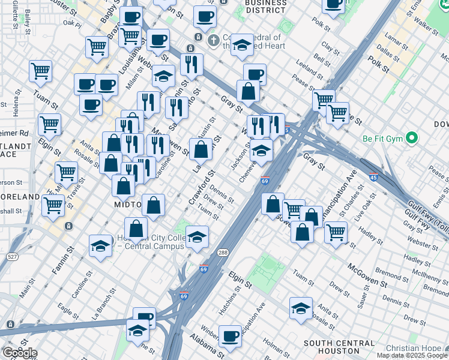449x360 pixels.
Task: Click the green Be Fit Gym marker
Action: click(x=411, y=139)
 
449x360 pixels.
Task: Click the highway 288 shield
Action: click(x=223, y=253)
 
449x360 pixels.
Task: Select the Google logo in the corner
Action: click(x=19, y=352)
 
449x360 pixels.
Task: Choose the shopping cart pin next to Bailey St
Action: click(x=40, y=71)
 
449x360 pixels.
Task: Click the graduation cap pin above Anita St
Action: click(x=301, y=307)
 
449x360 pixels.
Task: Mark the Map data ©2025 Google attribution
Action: click(x=412, y=355)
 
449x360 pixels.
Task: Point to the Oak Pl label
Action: click(x=71, y=24)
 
